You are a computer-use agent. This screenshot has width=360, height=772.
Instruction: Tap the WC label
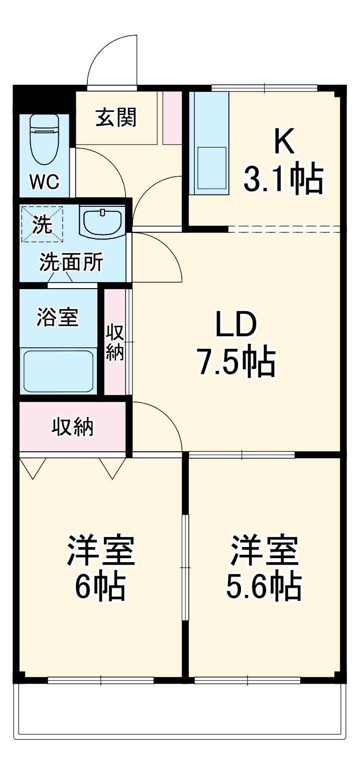(44, 182)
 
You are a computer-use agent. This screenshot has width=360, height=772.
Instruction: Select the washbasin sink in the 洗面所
(102, 221)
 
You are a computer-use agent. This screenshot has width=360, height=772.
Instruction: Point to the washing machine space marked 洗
(43, 224)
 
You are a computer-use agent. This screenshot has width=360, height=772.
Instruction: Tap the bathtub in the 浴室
(58, 370)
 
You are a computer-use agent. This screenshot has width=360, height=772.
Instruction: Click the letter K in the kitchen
(283, 142)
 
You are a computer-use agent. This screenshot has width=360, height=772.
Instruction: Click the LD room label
(235, 325)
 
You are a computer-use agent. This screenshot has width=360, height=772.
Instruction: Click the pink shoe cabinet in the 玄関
(172, 118)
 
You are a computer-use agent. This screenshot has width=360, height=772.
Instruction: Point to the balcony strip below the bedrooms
(181, 710)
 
